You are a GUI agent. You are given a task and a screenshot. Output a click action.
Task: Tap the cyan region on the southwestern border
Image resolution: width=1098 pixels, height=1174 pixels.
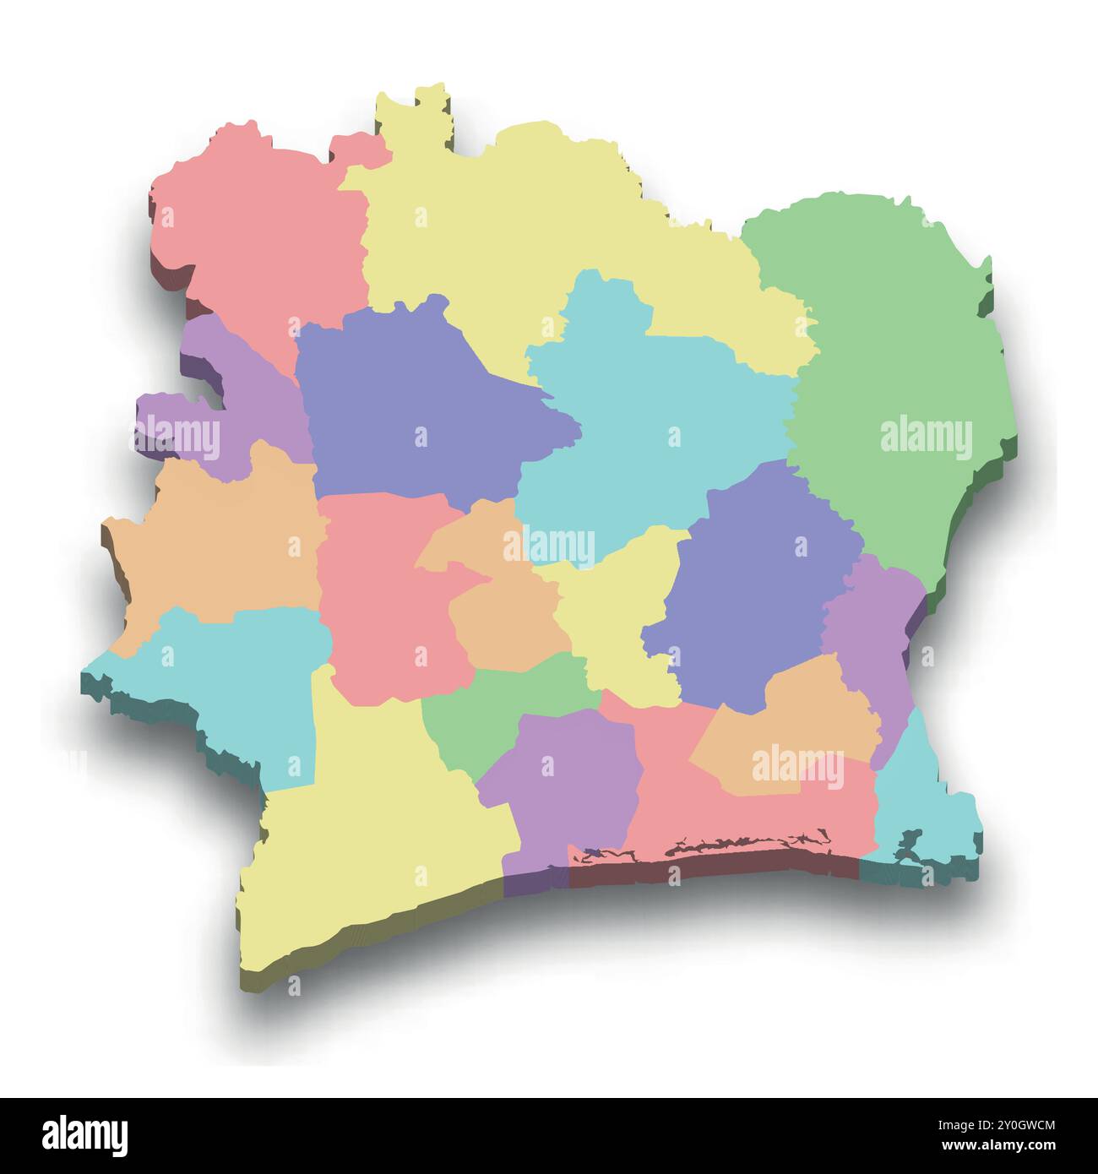tap(245, 676)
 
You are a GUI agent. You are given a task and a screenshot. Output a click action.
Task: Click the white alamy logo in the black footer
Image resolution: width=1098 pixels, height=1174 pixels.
tap(84, 1135)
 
